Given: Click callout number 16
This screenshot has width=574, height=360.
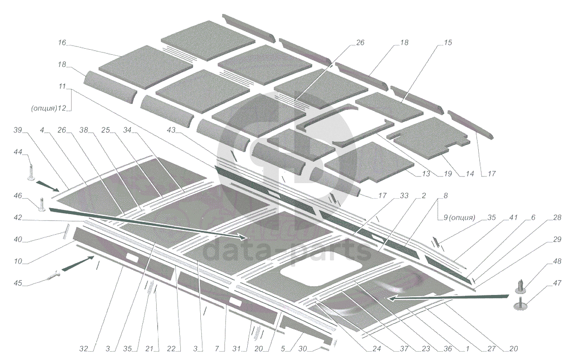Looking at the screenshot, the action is pos(62,43).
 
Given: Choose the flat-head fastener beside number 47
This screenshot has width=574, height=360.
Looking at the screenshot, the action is pos(522,305).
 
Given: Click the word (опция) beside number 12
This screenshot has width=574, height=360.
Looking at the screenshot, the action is pos(44,109).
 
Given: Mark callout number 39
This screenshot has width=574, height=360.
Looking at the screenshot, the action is pos(18,131).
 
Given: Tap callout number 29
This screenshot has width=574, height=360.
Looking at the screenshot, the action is pos(557,240).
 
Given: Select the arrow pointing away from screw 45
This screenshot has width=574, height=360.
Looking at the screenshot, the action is pos(78,265).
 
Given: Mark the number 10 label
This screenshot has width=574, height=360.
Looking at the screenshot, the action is pos(18,262).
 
